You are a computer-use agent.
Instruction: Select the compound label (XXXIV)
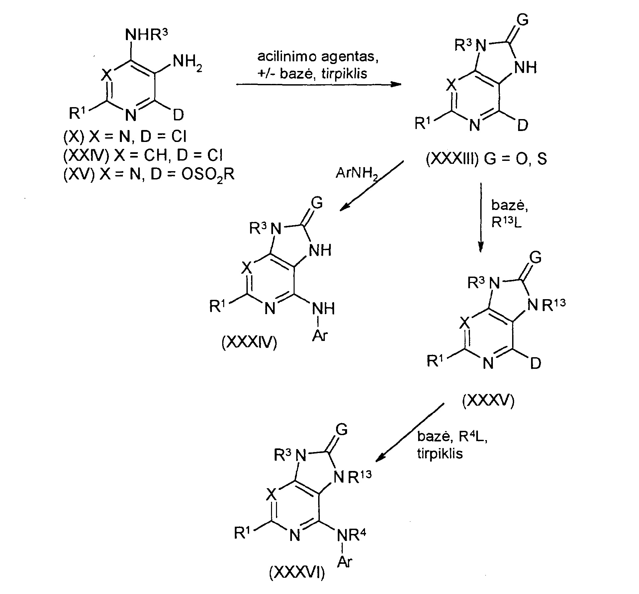249,343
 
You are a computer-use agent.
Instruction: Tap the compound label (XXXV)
488,401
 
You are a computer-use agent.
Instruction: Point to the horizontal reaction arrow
319,85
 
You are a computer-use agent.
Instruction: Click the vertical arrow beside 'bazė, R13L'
480,218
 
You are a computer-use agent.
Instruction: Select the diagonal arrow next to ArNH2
372,186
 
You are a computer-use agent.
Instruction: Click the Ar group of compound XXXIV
319,336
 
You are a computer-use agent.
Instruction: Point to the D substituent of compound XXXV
536,364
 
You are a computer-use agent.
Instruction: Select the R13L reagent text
506,222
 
